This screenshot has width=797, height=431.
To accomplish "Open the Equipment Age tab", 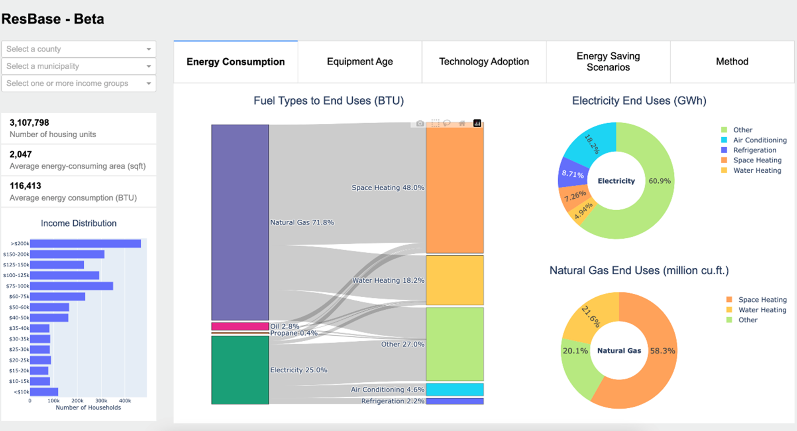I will (x=360, y=61).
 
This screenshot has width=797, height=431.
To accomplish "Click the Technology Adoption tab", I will (x=484, y=61).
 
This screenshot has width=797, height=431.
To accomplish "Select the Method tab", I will (x=732, y=61).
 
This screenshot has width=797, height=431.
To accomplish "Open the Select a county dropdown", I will (x=79, y=49).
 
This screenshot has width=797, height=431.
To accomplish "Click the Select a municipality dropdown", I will (x=79, y=66).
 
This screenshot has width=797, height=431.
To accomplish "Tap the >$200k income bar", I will (x=85, y=243).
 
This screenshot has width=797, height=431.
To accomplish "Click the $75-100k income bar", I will (x=71, y=286).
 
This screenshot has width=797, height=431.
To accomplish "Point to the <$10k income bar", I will (x=44, y=392).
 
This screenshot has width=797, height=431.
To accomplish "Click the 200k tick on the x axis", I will (x=77, y=401).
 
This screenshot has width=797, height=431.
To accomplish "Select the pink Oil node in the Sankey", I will (x=240, y=326).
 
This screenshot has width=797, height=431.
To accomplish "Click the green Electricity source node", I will (x=240, y=370).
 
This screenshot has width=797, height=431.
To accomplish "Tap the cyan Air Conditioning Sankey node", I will (x=455, y=389).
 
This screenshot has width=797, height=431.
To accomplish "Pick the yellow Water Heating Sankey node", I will (x=455, y=280).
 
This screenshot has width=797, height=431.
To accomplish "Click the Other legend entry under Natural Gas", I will (x=748, y=320).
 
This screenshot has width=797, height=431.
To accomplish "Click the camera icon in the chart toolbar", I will (x=420, y=123).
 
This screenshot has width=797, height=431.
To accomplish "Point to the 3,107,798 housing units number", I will (x=29, y=123).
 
